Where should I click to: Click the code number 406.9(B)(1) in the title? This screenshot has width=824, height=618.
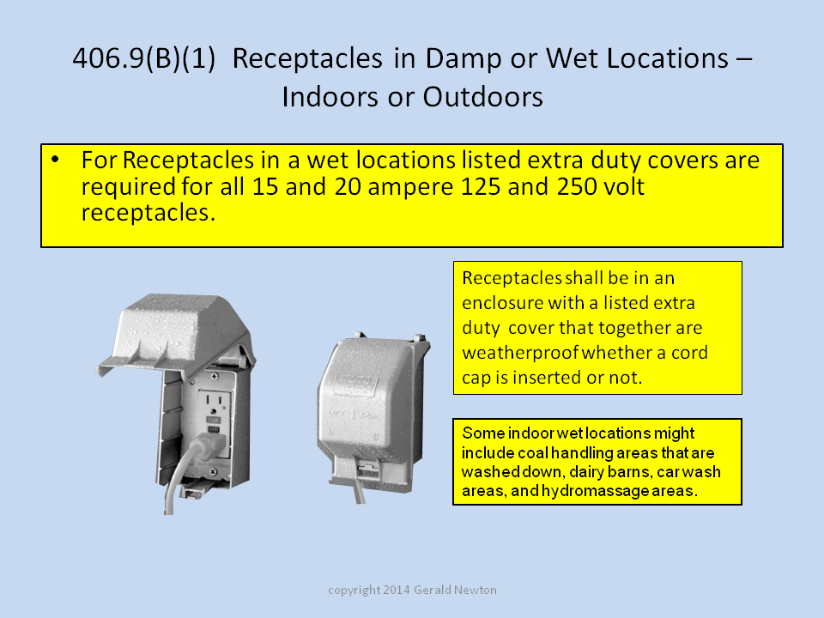click(x=144, y=58)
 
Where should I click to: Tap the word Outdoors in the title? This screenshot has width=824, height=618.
click(x=483, y=97)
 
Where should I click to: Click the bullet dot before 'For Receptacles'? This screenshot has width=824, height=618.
click(x=55, y=159)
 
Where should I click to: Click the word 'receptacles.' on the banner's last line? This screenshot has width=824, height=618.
click(x=148, y=214)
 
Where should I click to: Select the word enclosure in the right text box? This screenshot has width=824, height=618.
click(x=502, y=303)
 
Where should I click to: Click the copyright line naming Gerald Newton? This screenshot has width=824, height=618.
click(x=412, y=590)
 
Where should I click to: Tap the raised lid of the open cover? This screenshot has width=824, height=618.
click(x=176, y=334)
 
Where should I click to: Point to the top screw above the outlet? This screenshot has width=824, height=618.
click(x=215, y=376)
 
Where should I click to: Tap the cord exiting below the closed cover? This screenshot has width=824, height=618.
click(x=359, y=490)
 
